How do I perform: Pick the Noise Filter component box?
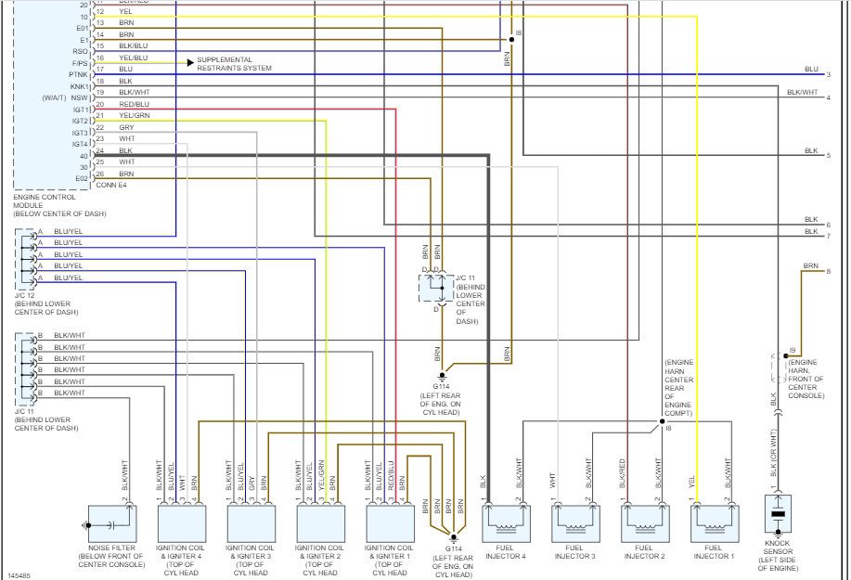click(x=111, y=522)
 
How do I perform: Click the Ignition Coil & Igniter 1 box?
click(x=387, y=522)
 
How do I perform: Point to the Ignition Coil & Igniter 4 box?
click(x=179, y=522)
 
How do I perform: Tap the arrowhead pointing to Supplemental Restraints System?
click(x=190, y=63)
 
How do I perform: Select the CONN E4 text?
click(x=111, y=185)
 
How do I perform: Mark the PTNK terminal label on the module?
click(x=78, y=74)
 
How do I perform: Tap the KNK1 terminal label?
click(x=79, y=86)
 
